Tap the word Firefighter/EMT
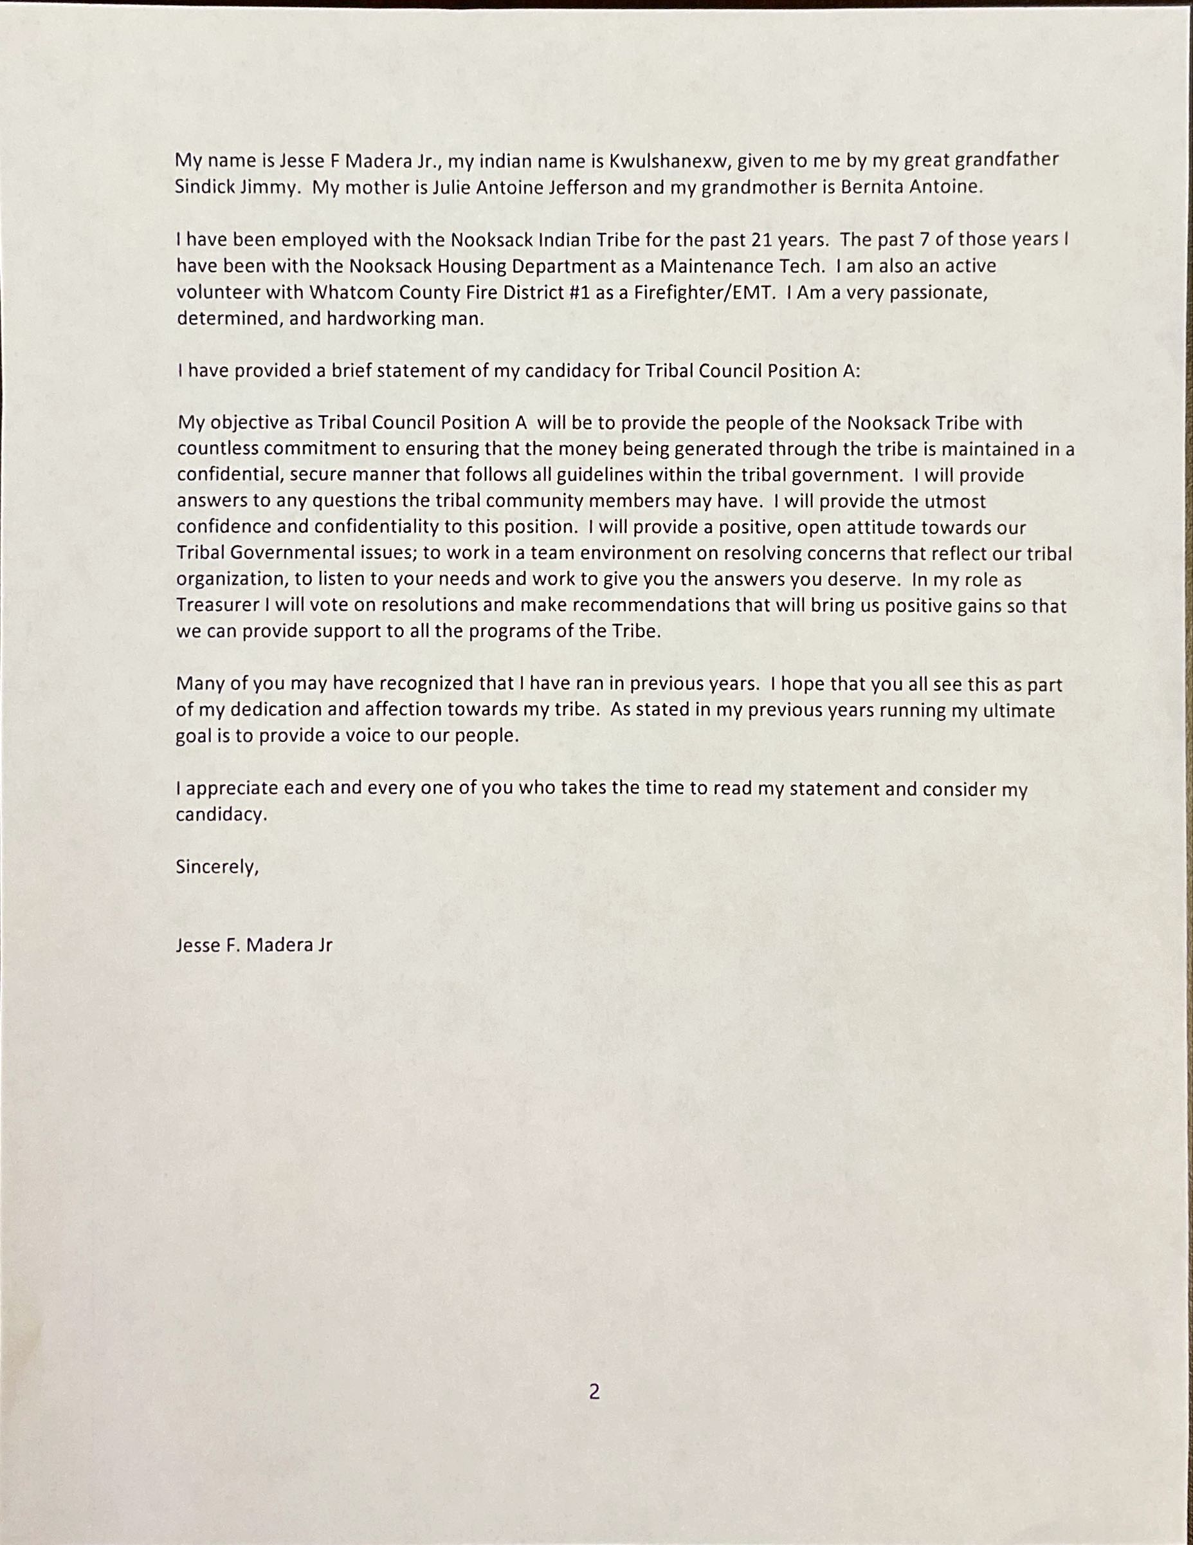[700, 292]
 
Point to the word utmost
[954, 501]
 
